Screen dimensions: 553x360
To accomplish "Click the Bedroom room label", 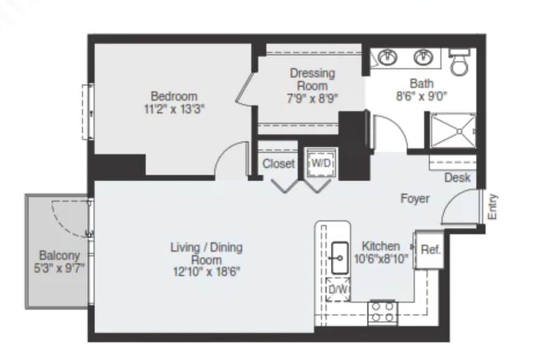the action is [x=174, y=96].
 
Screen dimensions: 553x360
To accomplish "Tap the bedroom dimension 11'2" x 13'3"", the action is [x=174, y=109].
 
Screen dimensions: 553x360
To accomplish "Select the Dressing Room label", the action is [x=313, y=80].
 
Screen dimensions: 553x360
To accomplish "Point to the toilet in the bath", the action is [x=459, y=61].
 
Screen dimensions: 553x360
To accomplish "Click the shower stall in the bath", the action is [x=453, y=131].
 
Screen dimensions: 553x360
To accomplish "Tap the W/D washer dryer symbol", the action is [x=321, y=163].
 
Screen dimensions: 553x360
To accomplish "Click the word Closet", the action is [x=278, y=163].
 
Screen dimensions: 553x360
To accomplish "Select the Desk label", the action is [x=458, y=178].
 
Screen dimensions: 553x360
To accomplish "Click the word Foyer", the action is [x=415, y=199].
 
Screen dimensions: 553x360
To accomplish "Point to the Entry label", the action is [x=492, y=207].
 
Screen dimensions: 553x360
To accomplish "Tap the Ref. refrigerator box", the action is [x=429, y=250].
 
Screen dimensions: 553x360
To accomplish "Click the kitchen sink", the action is [x=340, y=258].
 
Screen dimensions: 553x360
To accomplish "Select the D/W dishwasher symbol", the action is [x=338, y=290].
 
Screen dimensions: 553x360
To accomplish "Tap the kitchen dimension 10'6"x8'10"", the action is [x=381, y=259].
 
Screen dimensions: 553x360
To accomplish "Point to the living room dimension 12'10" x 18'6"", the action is [x=207, y=272].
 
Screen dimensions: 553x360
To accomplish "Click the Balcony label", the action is [x=59, y=255].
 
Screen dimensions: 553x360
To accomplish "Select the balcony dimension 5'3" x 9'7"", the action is [x=59, y=268].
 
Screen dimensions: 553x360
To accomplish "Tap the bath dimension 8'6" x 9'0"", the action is [x=421, y=96].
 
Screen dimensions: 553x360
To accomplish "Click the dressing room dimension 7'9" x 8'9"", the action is [x=313, y=98].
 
